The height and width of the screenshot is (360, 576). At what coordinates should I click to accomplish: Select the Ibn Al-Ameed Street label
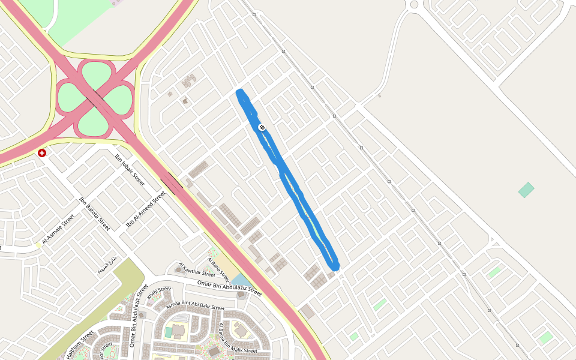(145, 209)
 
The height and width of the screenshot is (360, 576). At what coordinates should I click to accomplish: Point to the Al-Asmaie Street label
(59, 230)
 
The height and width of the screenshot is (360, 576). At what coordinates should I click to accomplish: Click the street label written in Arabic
(108, 264)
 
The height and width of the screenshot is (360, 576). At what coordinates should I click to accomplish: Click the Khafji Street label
(160, 293)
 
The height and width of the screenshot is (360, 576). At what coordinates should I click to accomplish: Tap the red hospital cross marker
(42, 153)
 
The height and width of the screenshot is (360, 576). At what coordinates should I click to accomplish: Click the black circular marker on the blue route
(262, 127)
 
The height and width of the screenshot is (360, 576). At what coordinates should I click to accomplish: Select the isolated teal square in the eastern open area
(526, 190)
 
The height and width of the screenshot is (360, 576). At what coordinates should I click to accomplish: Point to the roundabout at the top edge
(414, 4)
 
